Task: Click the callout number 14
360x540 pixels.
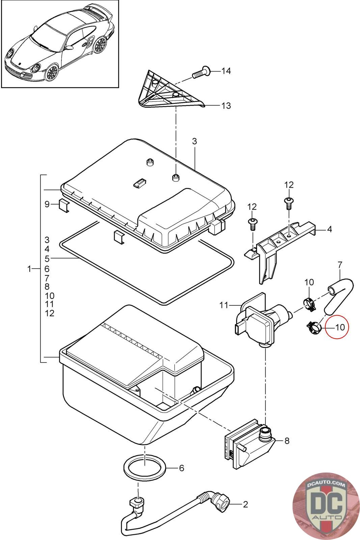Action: pos(226,71)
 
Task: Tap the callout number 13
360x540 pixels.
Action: pos(226,106)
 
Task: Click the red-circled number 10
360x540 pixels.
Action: pos(340,327)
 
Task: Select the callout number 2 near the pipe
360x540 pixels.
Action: pos(245,505)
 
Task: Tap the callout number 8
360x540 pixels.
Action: pos(287,441)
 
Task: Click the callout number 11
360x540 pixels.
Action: pos(224,305)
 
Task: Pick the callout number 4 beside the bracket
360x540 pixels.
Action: pos(329,229)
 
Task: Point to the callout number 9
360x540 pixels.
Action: pos(47,204)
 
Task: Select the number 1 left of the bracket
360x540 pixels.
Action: pos(29,269)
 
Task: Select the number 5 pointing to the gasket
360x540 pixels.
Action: pos(47,259)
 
